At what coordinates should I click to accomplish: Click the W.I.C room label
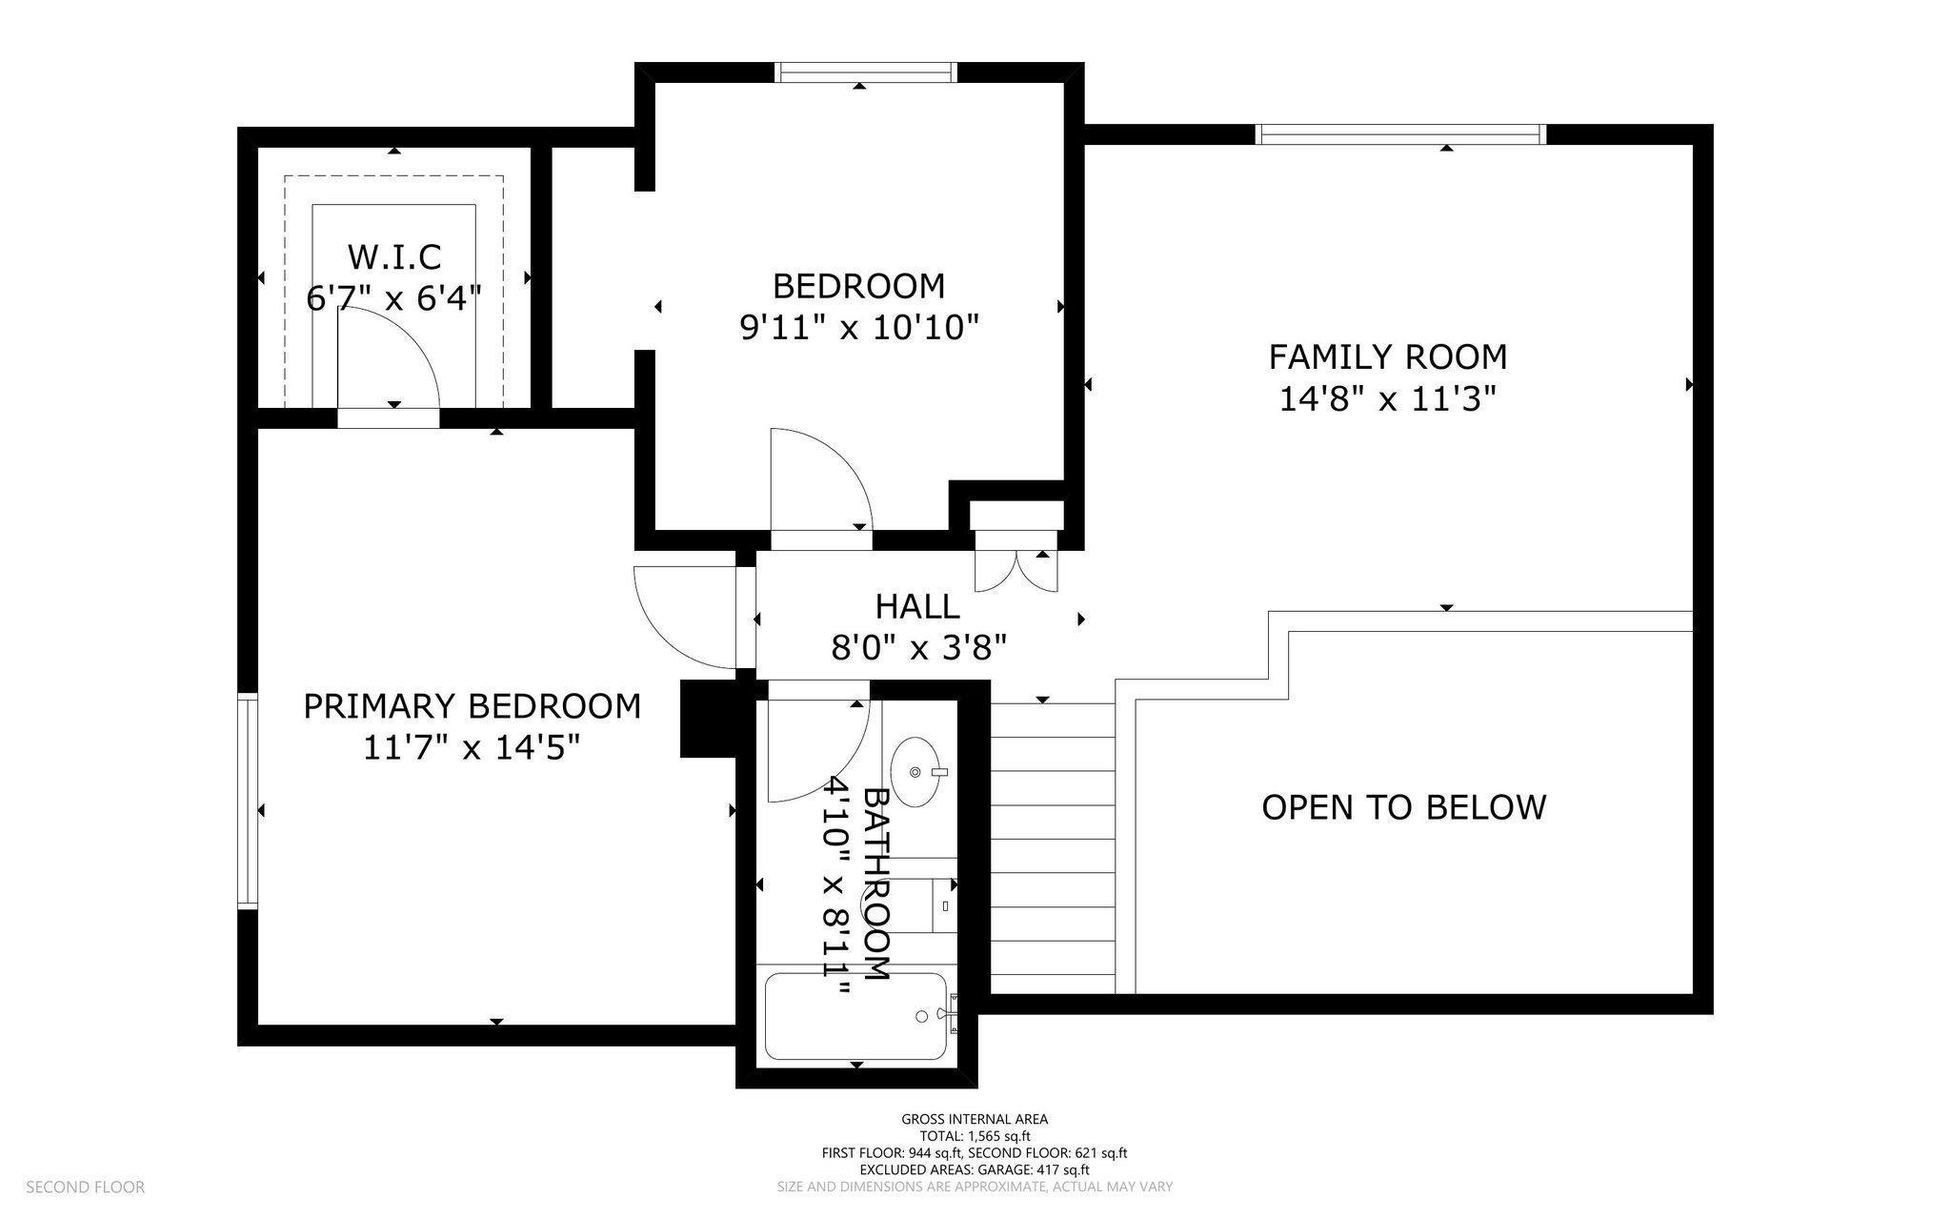393,256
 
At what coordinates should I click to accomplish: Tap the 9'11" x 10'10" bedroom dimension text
859,328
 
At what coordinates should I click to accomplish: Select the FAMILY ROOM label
1387,356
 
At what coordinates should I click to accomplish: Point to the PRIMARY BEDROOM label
472,706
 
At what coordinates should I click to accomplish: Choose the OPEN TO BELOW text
1403,807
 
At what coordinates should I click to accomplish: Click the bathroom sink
917,771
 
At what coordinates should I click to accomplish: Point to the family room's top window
1400,134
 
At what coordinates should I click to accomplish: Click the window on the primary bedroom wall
248,801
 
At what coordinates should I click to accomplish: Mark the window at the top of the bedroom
864,72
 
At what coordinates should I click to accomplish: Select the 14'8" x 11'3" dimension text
1387,398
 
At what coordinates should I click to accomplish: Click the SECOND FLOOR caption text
85,1187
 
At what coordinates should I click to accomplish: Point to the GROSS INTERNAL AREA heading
975,1119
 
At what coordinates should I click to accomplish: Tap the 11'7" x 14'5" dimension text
472,748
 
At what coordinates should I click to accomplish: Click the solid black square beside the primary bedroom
709,719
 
